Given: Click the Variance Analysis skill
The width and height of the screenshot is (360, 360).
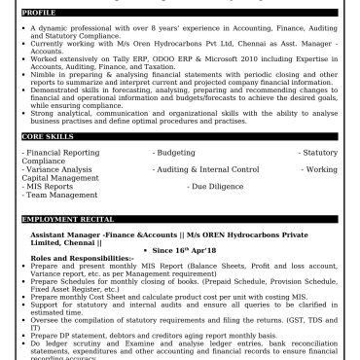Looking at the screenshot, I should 58,169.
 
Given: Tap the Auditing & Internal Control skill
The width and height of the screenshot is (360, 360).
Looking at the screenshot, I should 207,169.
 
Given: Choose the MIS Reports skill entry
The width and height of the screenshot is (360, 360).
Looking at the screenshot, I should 52,185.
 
